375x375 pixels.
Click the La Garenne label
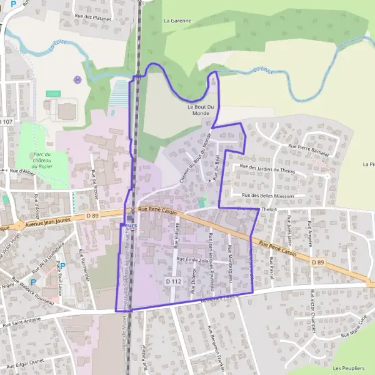pos(177,20)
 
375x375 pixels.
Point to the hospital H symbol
pos(77,79)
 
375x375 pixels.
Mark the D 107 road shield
pos(6,121)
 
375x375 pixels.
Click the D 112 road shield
pos(173,282)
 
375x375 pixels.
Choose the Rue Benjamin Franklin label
pos(216,347)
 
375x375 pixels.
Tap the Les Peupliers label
pos(349,367)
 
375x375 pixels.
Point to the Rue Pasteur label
pos(143,357)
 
